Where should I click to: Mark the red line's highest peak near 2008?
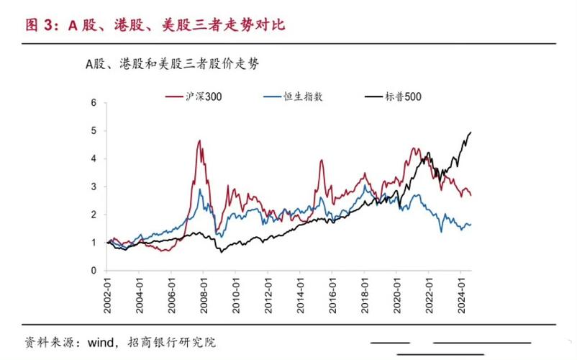tap(199, 140)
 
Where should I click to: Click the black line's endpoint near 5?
tap(471, 132)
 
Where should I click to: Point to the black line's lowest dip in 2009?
tap(221, 252)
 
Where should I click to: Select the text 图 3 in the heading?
tap(40, 25)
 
